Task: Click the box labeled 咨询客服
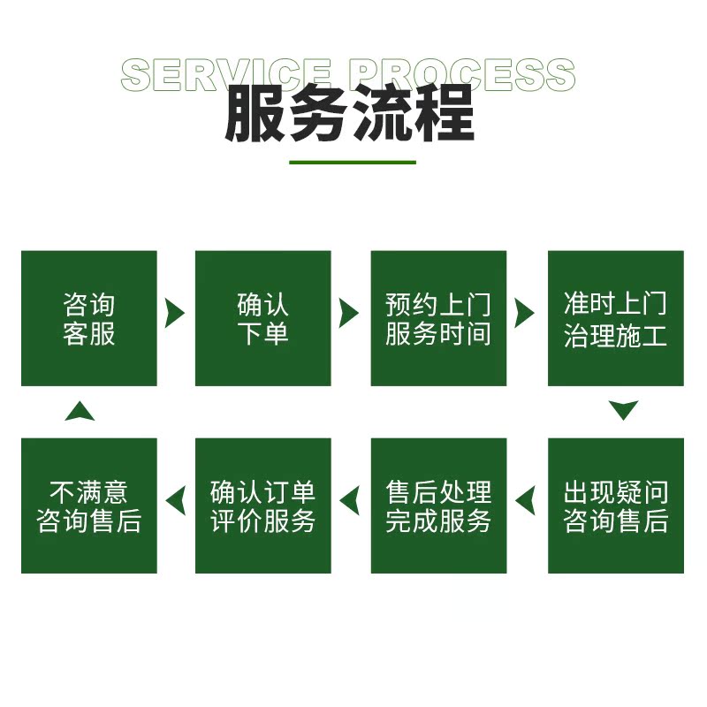pyautogui.click(x=88, y=318)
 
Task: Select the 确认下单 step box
pyautogui.click(x=263, y=318)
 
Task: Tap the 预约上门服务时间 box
pyautogui.click(x=438, y=318)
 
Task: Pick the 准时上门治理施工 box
pyautogui.click(x=616, y=318)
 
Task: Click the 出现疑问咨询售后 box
pyautogui.click(x=616, y=506)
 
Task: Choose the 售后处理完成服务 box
pyautogui.click(x=438, y=506)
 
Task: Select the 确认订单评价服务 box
pyautogui.click(x=263, y=506)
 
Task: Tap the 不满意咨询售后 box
pyautogui.click(x=88, y=506)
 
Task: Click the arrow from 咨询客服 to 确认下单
pyautogui.click(x=174, y=313)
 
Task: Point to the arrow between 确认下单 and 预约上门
pyautogui.click(x=349, y=313)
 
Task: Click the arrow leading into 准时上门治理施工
pyautogui.click(x=525, y=313)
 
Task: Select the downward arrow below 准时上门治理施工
pyautogui.click(x=624, y=410)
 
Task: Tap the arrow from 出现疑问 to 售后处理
pyautogui.click(x=526, y=501)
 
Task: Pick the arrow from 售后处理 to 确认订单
pyautogui.click(x=350, y=501)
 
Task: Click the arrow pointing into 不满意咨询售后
pyautogui.click(x=176, y=501)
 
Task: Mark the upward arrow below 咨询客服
pyautogui.click(x=80, y=411)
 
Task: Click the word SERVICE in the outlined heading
pyautogui.click(x=225, y=75)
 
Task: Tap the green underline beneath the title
pyautogui.click(x=353, y=163)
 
